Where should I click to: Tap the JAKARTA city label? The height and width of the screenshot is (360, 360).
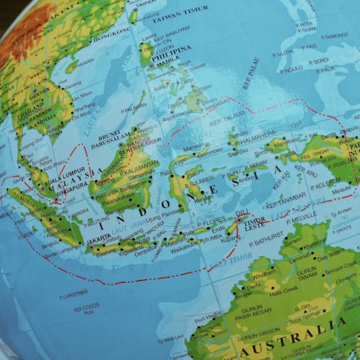pos(98,240)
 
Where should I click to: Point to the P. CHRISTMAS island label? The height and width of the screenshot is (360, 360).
pos(73,294)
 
